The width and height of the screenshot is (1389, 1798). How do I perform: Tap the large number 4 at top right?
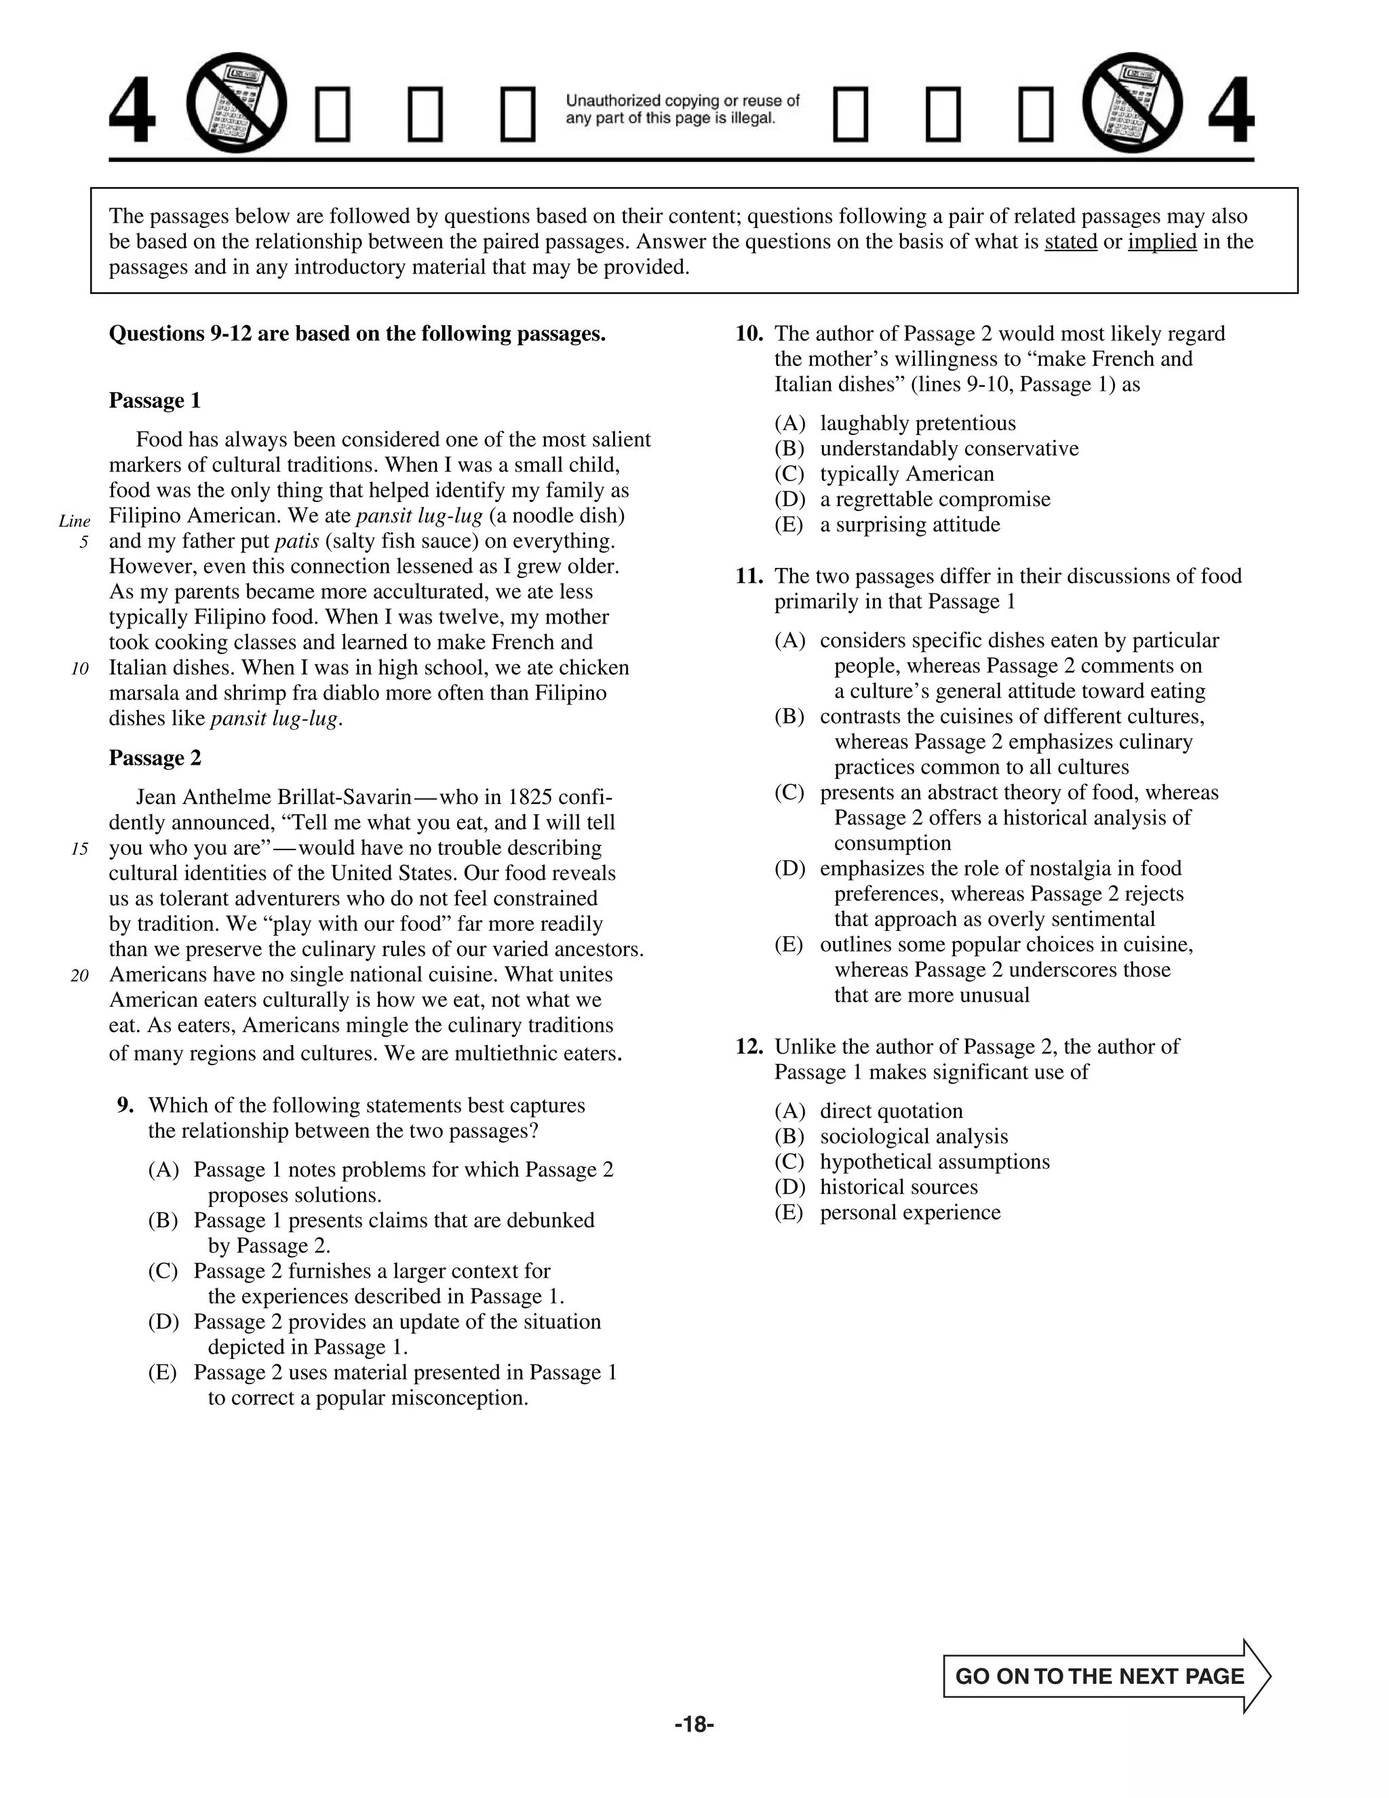[1231, 111]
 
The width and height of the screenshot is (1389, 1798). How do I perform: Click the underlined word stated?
[1070, 242]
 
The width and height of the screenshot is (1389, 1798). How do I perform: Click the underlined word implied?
[1162, 242]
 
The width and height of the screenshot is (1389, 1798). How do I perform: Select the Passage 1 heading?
[155, 401]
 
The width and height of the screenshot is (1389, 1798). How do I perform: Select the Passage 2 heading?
[155, 759]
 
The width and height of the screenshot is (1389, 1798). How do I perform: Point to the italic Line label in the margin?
[74, 521]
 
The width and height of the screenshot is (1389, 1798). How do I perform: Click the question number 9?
[125, 1106]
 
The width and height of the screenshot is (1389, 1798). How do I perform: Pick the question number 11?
[749, 576]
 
